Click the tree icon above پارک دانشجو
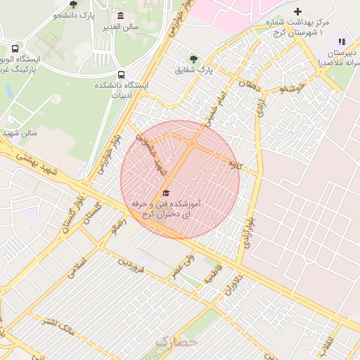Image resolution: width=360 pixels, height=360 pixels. (74, 4)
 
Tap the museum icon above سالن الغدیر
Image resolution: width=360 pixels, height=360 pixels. (121, 16)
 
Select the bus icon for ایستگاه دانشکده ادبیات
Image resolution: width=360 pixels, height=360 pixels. (122, 75)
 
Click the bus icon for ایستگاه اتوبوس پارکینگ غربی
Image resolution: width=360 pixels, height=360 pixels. (15, 49)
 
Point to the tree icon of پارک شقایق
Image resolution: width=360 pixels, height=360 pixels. (193, 60)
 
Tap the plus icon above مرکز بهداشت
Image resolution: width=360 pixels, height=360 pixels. (297, 12)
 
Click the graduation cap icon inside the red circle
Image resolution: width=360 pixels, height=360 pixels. (166, 193)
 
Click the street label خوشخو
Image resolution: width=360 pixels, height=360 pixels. (290, 89)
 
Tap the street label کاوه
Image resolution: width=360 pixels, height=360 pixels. (234, 165)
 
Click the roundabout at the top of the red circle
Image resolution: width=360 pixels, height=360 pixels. (191, 144)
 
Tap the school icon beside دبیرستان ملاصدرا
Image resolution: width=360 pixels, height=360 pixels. (342, 43)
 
